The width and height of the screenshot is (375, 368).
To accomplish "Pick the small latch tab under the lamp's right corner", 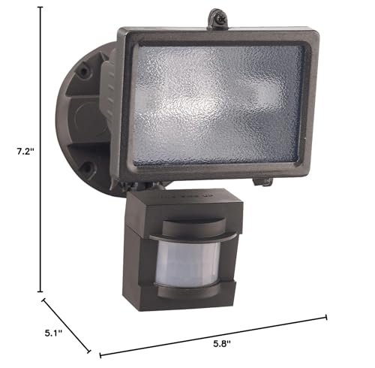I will [259, 181].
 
